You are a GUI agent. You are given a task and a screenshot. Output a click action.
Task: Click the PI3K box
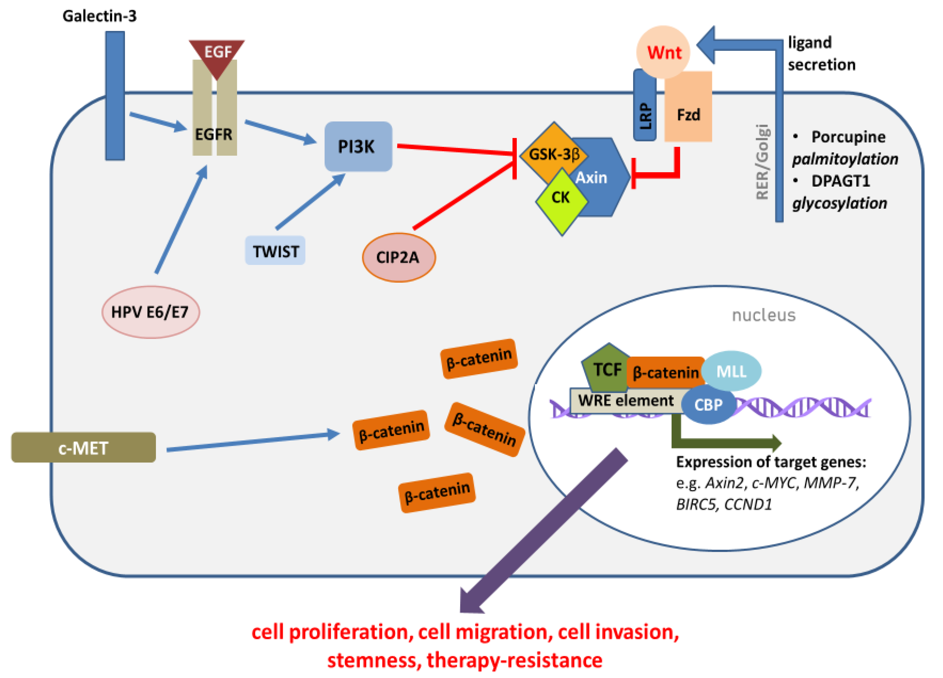pos(358,146)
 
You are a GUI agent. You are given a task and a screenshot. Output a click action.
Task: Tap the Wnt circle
pos(663,52)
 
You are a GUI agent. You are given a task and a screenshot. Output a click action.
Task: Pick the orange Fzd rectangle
pos(688,110)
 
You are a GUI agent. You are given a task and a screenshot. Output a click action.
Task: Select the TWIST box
pos(275,251)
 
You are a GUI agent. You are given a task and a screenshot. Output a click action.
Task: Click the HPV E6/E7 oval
pos(150,312)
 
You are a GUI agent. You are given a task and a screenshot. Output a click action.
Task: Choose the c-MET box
pos(83,447)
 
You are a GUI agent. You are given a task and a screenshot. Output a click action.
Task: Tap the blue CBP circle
pos(708,404)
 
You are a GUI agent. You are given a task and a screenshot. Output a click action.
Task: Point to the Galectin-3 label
pos(100,16)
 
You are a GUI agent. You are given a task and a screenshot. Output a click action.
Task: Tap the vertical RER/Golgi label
pos(762,162)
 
